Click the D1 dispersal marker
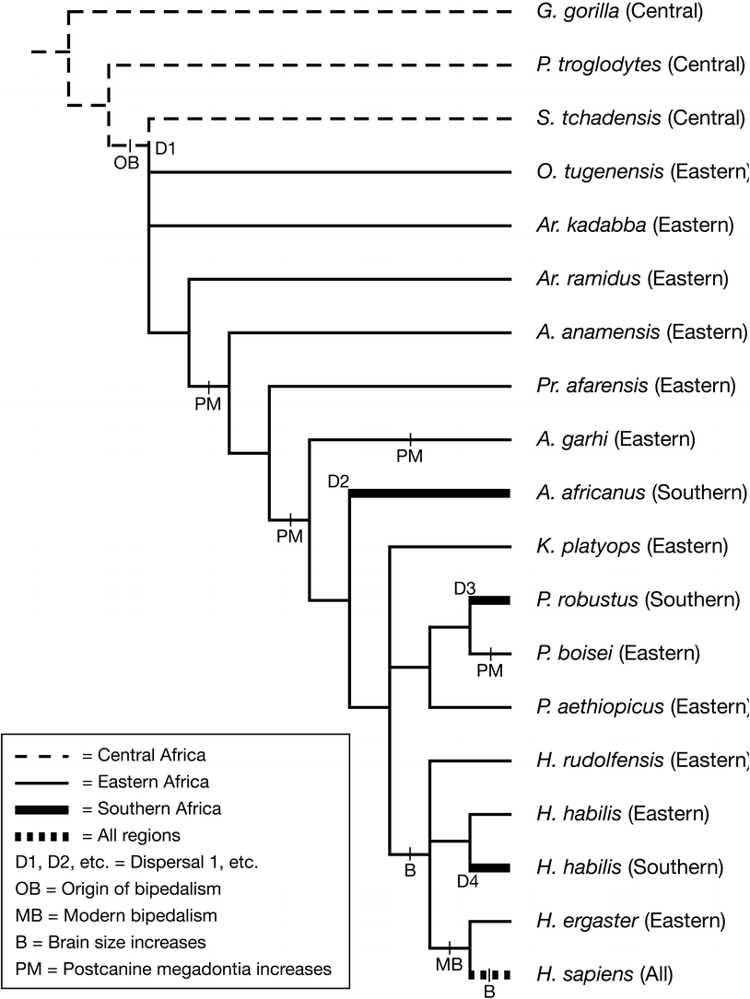click(x=164, y=147)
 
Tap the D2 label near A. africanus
click(x=338, y=480)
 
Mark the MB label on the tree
click(x=448, y=964)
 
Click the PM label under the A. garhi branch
click(x=409, y=456)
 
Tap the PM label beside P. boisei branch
click(x=490, y=670)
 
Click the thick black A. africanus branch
click(x=429, y=494)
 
